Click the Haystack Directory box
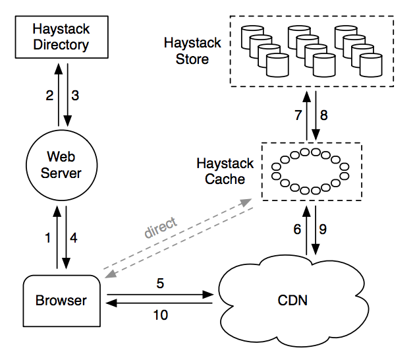pos(61,37)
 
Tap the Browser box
pos(61,301)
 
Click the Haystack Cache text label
pos(221,170)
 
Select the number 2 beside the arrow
pos(49,95)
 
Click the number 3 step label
pos(75,95)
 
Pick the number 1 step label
pos(47,238)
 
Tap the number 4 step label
pos(74,238)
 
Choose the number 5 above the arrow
pos(159,284)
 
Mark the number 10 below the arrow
pos(160,315)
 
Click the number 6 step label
pos(296,229)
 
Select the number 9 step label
pos(323,229)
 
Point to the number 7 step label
pos(298,115)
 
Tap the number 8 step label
pos(323,115)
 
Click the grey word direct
pos(161,227)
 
